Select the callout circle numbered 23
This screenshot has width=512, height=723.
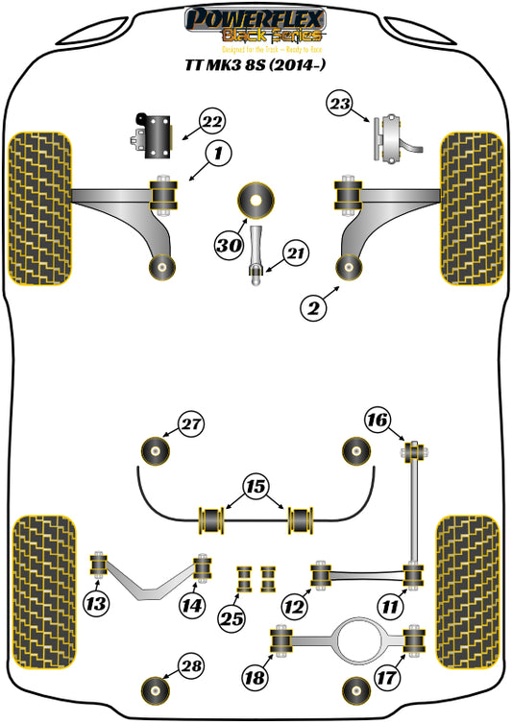340,105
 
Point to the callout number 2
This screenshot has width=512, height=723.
312,308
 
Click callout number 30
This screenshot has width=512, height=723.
228,246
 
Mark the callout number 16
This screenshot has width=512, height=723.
378,421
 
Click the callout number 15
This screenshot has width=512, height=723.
256,488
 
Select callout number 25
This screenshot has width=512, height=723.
230,617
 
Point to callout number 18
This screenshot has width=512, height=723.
256,678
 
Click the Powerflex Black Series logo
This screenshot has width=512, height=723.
256,26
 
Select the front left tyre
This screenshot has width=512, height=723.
41,207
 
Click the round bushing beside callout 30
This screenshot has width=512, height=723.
256,200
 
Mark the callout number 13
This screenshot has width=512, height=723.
95,604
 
